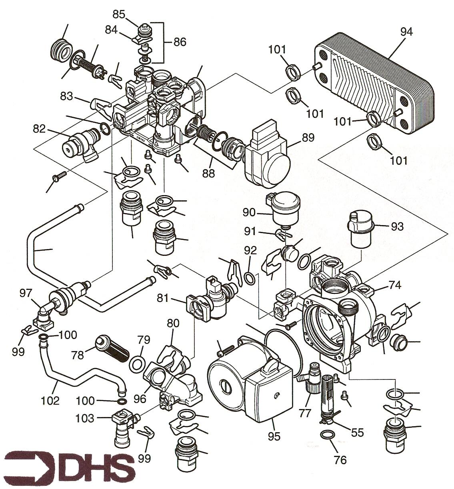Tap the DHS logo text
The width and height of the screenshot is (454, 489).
point(68,467)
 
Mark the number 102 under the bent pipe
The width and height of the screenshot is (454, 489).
point(50,400)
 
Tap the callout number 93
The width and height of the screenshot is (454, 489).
point(398,226)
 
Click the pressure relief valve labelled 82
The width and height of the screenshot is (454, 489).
point(80,142)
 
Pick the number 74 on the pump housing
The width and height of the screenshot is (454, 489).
point(394,286)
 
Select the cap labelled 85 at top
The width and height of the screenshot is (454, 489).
point(143,30)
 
